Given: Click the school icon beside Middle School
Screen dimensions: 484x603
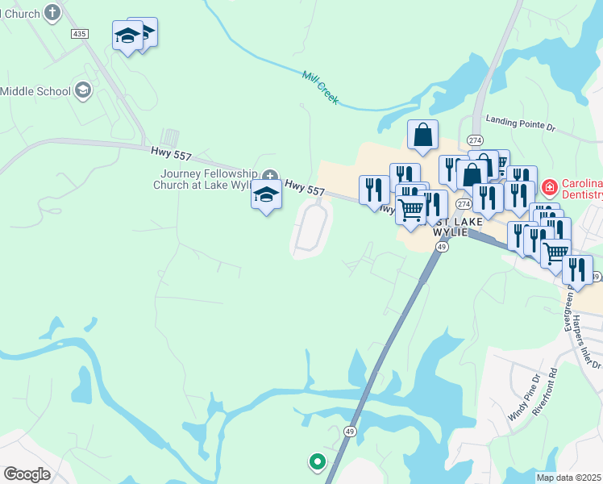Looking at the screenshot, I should pyautogui.click(x=82, y=90).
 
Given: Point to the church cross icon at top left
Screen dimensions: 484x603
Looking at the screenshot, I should pyautogui.click(x=52, y=12).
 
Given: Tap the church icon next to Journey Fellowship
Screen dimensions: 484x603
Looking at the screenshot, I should pyautogui.click(x=270, y=175).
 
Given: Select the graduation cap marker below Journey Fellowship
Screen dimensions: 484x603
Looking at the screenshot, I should pyautogui.click(x=266, y=194).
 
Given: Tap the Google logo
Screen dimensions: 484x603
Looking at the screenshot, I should pyautogui.click(x=27, y=474).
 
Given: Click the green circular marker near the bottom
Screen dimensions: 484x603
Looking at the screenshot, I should pyautogui.click(x=317, y=462).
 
